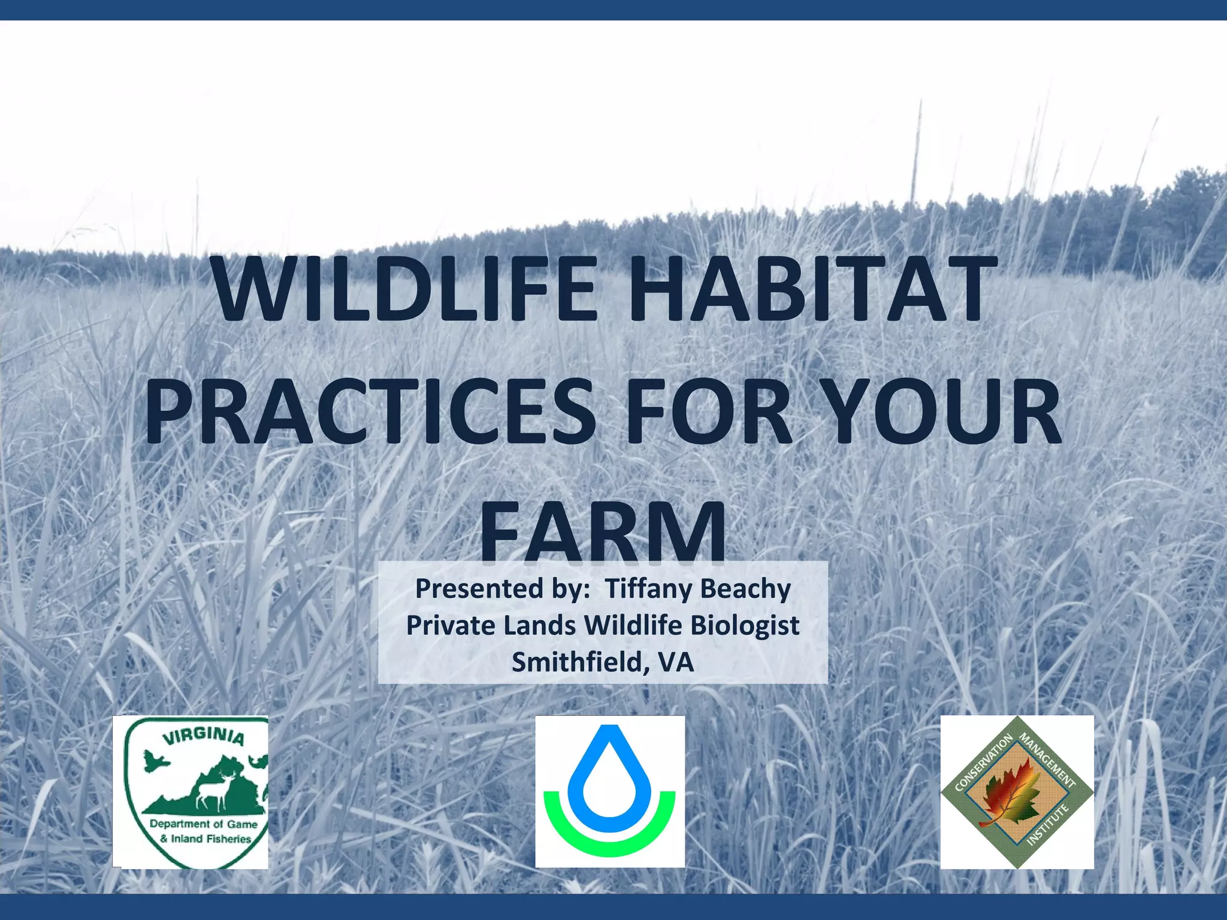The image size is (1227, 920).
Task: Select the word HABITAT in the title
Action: point(808,289)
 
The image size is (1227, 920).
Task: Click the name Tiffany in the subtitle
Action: point(648,589)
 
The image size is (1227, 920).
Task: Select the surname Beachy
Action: point(745,589)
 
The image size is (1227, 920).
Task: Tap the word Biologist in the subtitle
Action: point(745,626)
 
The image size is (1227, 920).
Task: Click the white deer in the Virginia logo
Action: point(214,788)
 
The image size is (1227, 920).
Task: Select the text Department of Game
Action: point(203,824)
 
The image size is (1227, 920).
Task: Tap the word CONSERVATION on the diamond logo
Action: point(983,762)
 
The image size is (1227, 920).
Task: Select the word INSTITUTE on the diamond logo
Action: point(1048,825)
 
